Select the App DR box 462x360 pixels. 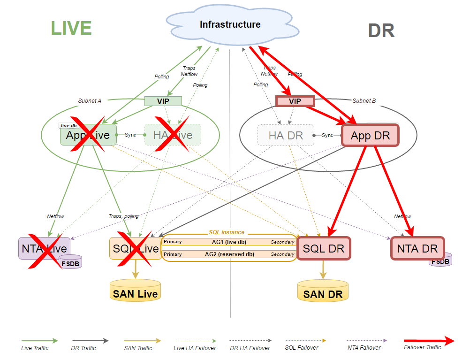point(371,136)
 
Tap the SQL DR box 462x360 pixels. point(324,248)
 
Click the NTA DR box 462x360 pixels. point(417,248)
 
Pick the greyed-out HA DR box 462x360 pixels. point(286,136)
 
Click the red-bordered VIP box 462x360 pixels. point(295,101)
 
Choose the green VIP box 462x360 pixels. point(163,101)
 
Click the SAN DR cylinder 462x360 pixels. point(323,291)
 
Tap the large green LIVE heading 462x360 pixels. point(71,28)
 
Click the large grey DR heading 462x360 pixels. point(381,31)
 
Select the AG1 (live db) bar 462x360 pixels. point(229,242)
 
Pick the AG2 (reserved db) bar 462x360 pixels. point(229,254)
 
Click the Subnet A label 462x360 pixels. point(90,100)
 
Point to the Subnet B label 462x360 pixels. point(364,100)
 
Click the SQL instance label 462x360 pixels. point(227,232)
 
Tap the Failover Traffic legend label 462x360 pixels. point(422,347)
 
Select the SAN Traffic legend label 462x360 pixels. point(138,348)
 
